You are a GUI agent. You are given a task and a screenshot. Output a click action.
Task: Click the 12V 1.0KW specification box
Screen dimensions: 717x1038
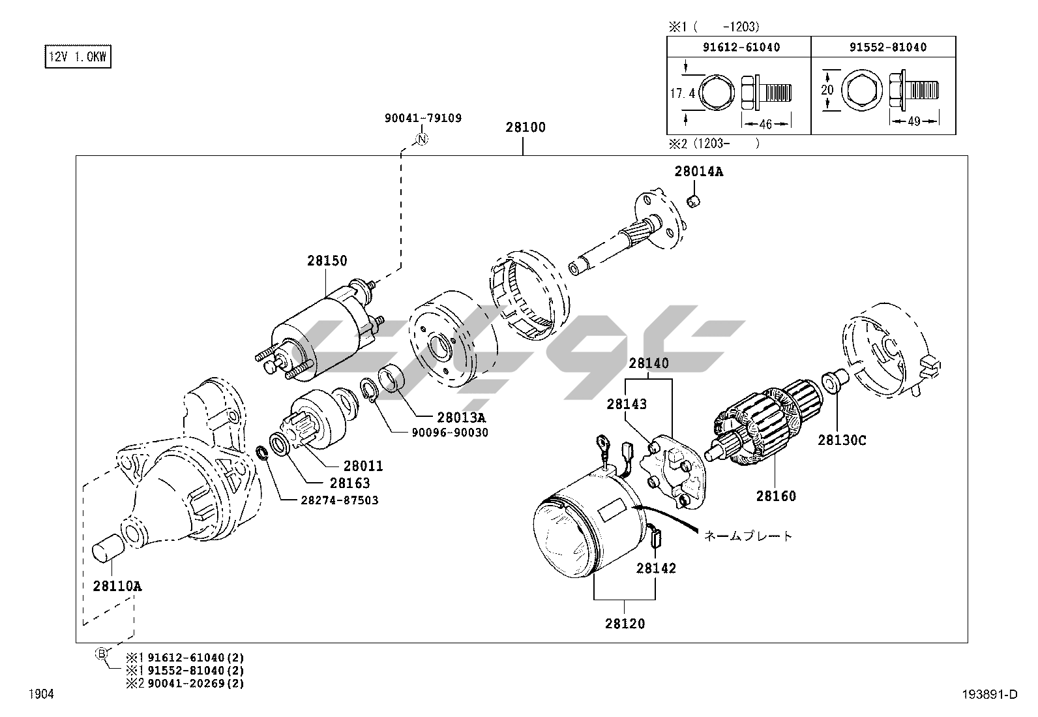point(78,57)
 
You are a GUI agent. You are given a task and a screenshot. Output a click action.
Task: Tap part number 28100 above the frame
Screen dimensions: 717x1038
point(525,127)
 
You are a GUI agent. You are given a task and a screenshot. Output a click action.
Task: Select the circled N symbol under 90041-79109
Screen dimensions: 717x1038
point(421,138)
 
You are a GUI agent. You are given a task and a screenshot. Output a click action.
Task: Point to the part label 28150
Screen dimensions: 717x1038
point(327,261)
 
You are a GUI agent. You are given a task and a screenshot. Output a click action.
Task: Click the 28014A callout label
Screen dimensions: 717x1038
point(698,172)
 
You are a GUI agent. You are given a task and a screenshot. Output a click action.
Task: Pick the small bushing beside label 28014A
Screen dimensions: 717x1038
point(695,201)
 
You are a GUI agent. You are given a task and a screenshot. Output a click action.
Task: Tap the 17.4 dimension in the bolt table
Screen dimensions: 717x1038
point(683,94)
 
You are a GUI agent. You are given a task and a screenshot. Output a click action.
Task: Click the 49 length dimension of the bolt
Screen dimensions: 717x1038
point(913,121)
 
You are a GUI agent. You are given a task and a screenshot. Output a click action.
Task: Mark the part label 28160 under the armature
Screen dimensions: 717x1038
point(776,496)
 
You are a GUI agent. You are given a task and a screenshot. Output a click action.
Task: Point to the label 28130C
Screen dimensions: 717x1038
point(842,441)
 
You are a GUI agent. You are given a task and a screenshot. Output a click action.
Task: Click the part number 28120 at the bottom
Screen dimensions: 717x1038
point(625,624)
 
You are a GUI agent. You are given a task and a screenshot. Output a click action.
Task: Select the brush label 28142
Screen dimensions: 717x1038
point(656,568)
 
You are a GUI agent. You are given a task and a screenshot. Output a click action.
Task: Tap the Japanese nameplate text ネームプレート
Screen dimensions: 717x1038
point(748,536)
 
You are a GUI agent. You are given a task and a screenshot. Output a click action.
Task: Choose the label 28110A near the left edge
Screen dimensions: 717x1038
point(117,586)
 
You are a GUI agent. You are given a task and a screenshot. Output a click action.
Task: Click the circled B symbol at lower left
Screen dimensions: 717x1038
point(102,653)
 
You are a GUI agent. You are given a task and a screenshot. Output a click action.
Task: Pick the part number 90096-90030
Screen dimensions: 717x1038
point(449,433)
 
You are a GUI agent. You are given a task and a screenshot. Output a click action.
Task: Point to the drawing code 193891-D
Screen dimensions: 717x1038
point(988,695)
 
